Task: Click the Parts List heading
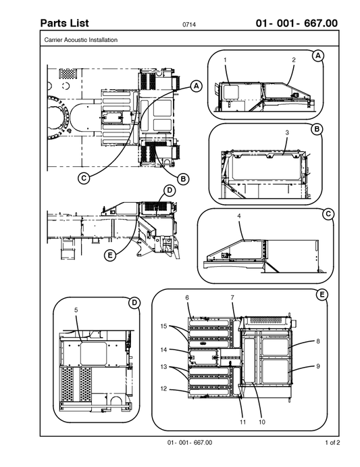(64, 24)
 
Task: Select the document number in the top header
(297, 24)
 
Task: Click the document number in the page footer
(190, 443)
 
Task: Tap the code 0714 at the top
(189, 26)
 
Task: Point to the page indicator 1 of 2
(332, 443)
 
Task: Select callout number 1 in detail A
(225, 60)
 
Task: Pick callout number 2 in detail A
(294, 60)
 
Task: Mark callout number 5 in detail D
(76, 310)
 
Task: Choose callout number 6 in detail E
(187, 297)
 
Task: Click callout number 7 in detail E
(232, 297)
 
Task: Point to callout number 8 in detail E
(317, 342)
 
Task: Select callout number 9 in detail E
(317, 366)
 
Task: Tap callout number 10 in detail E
(261, 422)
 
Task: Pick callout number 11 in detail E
(242, 422)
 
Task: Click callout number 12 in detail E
(163, 389)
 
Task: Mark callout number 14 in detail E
(163, 349)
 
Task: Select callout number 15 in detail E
(163, 326)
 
